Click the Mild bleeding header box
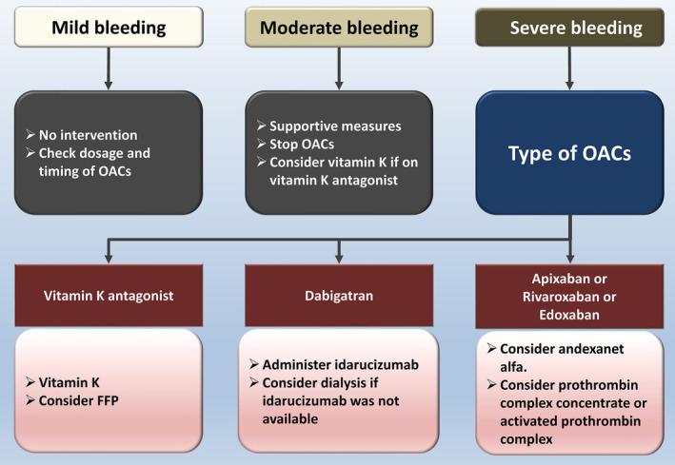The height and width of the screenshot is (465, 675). click(x=108, y=28)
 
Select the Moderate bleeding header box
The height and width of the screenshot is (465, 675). click(x=338, y=28)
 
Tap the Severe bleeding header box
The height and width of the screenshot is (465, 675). click(x=568, y=28)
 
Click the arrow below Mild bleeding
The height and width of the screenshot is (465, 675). click(x=108, y=67)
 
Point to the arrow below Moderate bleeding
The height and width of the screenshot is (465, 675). click(x=338, y=67)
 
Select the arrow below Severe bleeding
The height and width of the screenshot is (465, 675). click(x=568, y=67)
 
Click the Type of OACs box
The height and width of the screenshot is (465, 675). click(x=568, y=153)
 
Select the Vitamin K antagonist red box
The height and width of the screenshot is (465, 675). click(x=108, y=296)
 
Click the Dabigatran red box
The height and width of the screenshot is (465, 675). click(x=338, y=296)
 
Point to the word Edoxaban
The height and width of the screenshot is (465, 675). click(x=568, y=313)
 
